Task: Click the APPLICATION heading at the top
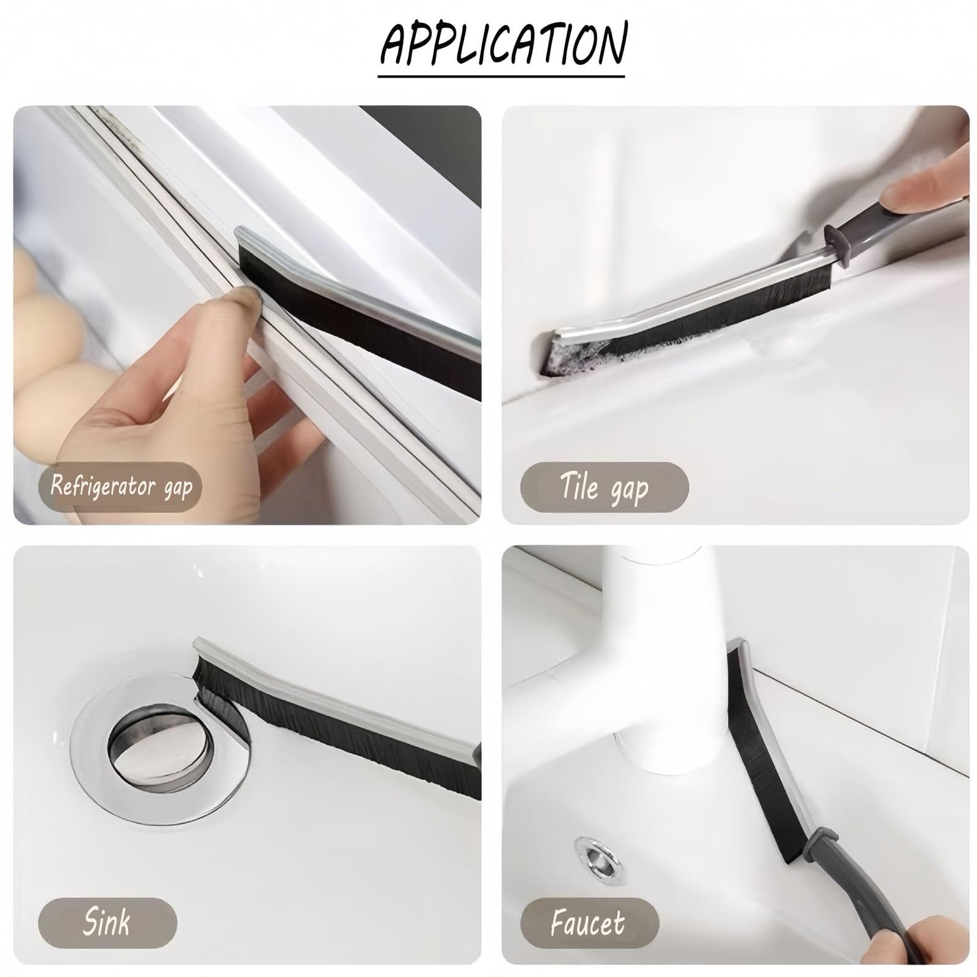coord(504,44)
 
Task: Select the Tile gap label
coord(603,486)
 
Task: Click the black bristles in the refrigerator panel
coord(360,305)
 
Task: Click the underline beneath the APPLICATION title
coord(501,76)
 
